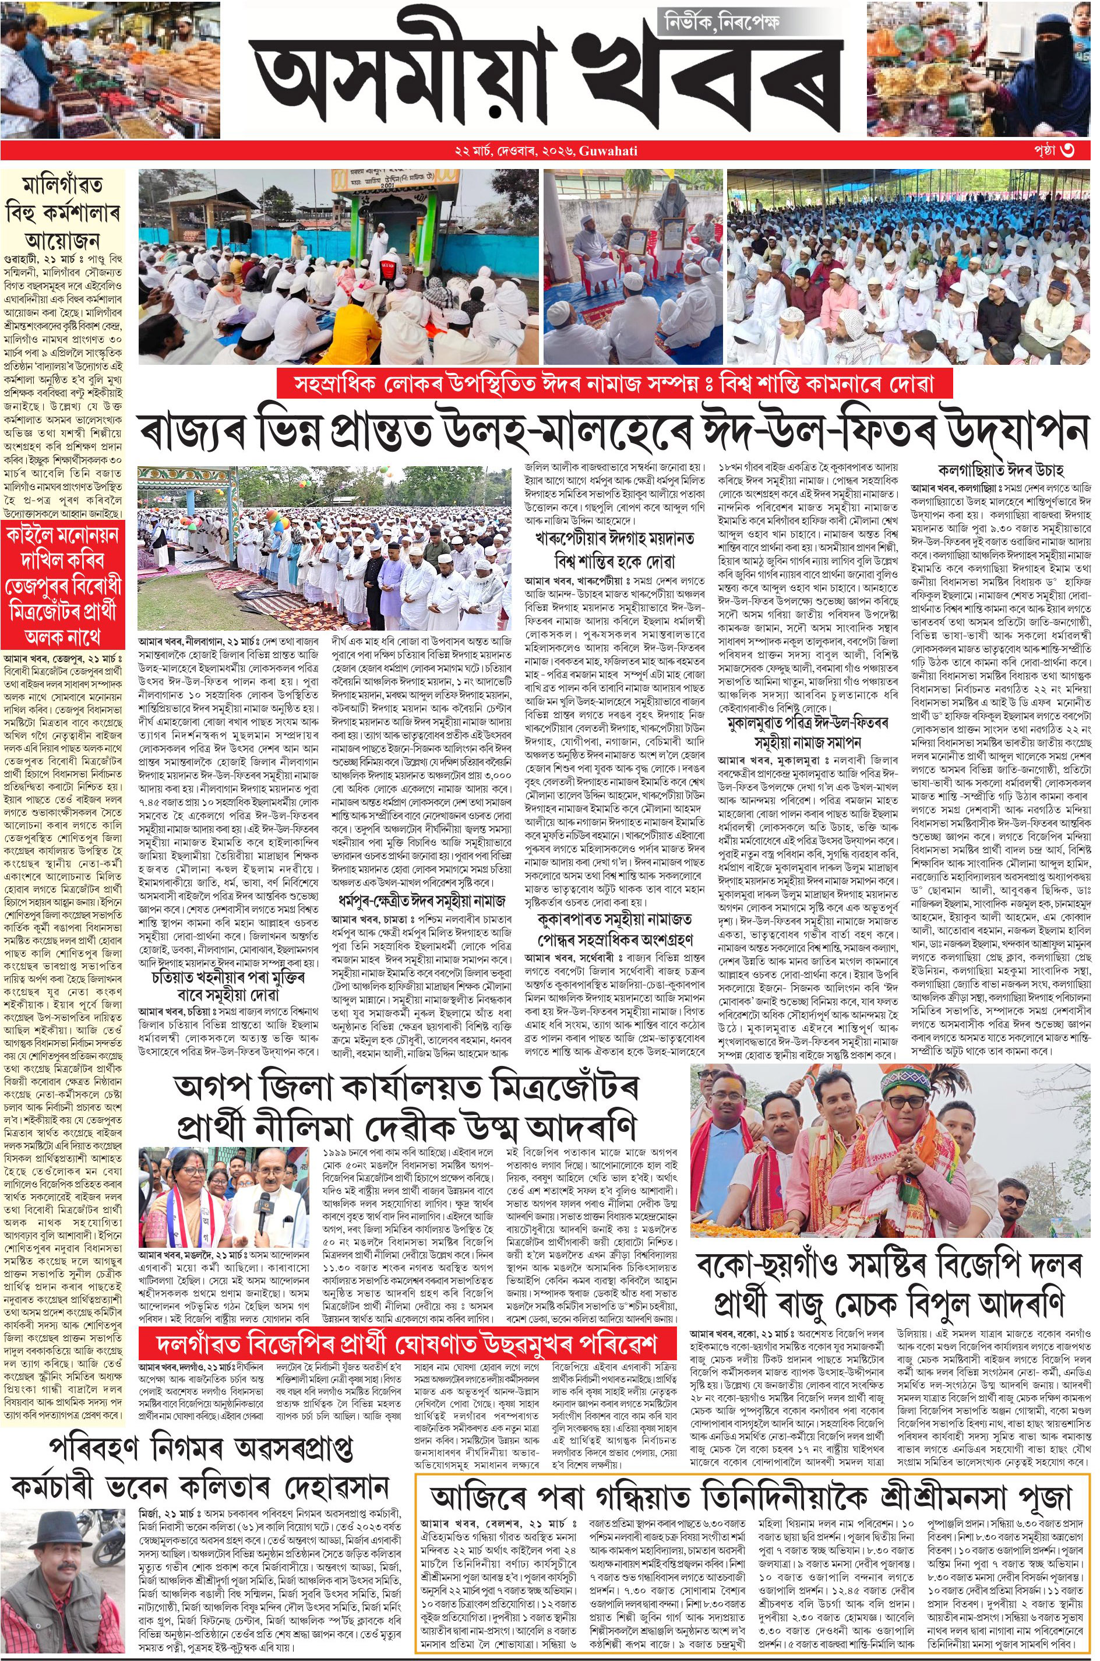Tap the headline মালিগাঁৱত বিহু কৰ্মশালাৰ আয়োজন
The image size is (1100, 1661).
click(x=62, y=210)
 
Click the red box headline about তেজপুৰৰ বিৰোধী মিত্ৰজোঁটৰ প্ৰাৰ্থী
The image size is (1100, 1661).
click(x=62, y=587)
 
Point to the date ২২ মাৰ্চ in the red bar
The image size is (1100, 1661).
click(x=475, y=152)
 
